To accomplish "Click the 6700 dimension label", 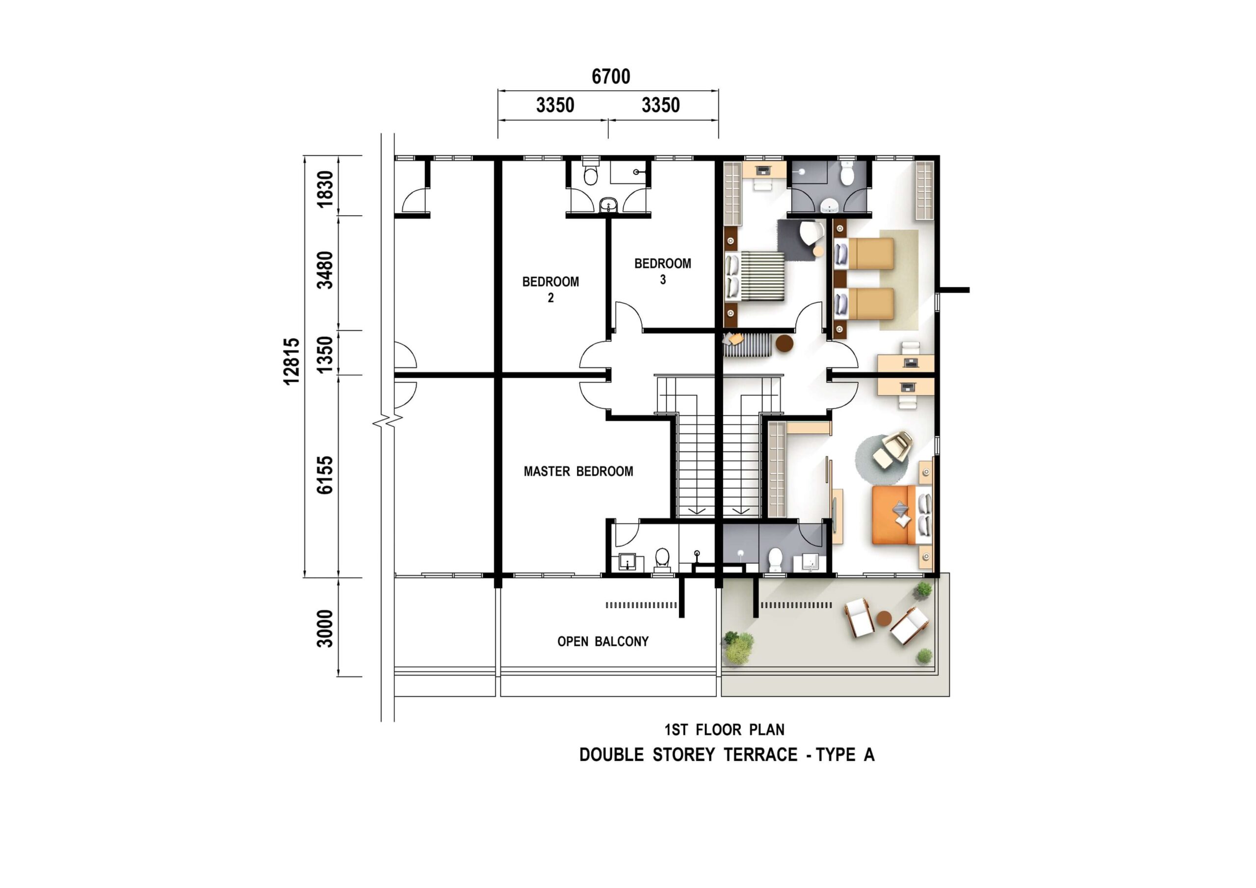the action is pos(610,77).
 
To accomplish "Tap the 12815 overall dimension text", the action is pos(291,362).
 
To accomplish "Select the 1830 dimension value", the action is pos(325,189).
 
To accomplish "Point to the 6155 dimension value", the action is pos(325,475).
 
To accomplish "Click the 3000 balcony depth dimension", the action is pos(325,628).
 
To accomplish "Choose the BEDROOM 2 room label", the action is pos(550,289).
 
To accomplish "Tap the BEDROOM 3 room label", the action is pos(662,271).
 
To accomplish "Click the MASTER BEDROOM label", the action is pos(578,471).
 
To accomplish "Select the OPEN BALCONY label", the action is pos(603,641).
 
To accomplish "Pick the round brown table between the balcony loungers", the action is pos(884,618).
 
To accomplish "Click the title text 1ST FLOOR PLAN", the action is pos(724,730).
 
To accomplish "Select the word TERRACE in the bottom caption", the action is pos(760,755).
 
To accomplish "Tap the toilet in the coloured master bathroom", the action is pos(775,559).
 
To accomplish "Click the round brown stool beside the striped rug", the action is pos(785,343).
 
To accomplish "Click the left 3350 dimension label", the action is pos(555,105).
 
